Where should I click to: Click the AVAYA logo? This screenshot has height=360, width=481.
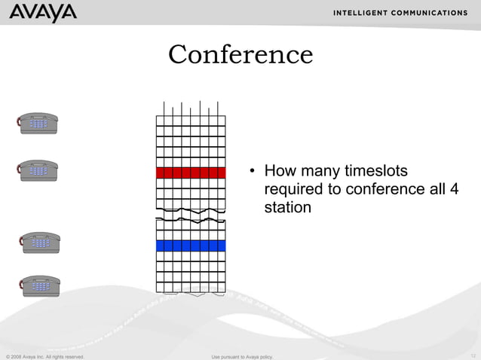pos(44,13)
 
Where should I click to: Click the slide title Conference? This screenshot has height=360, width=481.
pos(240,54)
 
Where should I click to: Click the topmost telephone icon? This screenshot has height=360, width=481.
pos(38,123)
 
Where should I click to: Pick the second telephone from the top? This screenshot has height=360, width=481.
pos(38,170)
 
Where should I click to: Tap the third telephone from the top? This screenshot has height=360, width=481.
pos(39,243)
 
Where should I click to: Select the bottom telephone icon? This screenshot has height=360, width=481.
pos(39,285)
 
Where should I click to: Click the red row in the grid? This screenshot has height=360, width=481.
pos(191,172)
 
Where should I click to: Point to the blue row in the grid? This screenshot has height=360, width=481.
pos(191,246)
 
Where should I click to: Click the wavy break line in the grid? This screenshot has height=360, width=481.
pos(191,213)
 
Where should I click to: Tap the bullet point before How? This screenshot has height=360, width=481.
pos(254,172)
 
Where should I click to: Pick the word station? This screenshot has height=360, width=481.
pos(287,206)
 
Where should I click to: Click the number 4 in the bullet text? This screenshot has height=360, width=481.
pos(453,188)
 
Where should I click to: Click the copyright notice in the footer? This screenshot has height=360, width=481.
pos(44,355)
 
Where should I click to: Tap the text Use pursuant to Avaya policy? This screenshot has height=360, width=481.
pos(242,355)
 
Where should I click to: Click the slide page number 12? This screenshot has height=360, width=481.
pos(473,355)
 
